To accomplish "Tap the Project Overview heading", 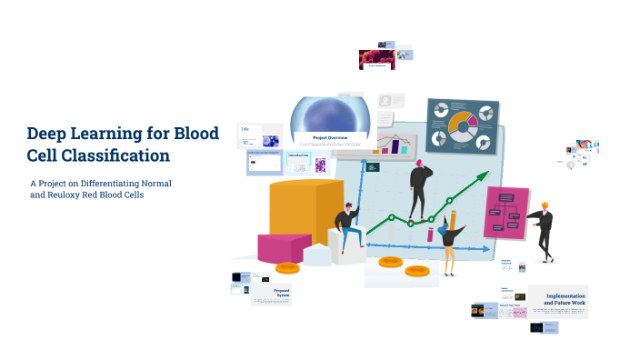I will tap(330, 138).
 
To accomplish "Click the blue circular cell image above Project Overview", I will tap(330, 115).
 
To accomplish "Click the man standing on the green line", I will tap(420, 189).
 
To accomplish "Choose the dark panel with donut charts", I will tap(463, 126).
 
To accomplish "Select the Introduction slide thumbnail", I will tap(299, 161).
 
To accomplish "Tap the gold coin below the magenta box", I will tap(287, 267).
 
